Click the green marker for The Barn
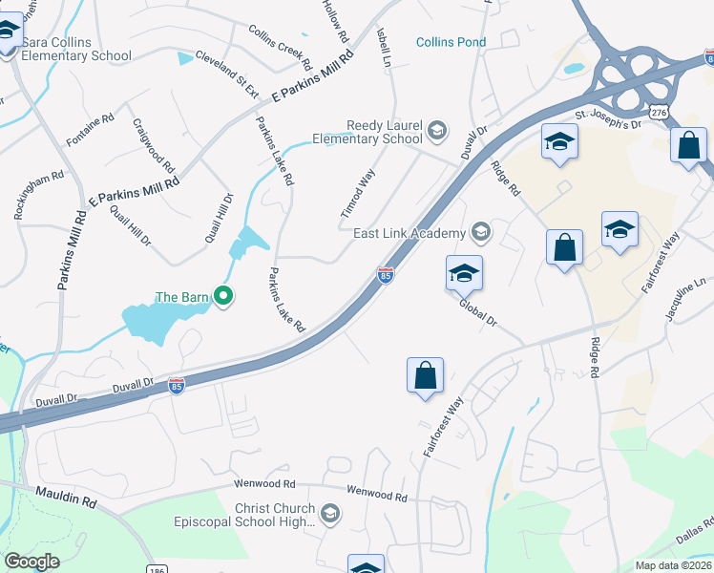pyautogui.click(x=223, y=297)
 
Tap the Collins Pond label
pyautogui.click(x=451, y=42)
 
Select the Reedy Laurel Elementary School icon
pyautogui.click(x=437, y=131)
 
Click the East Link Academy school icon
pyautogui.click(x=480, y=232)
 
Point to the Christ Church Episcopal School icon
pyautogui.click(x=330, y=515)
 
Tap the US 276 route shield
pyautogui.click(x=658, y=112)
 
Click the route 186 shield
pyautogui.click(x=157, y=567)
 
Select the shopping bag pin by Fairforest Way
pyautogui.click(x=425, y=375)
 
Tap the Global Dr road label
pyautogui.click(x=478, y=315)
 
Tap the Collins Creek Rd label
pyautogui.click(x=280, y=48)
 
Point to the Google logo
pyautogui.click(x=31, y=562)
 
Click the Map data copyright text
pyautogui.click(x=674, y=565)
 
